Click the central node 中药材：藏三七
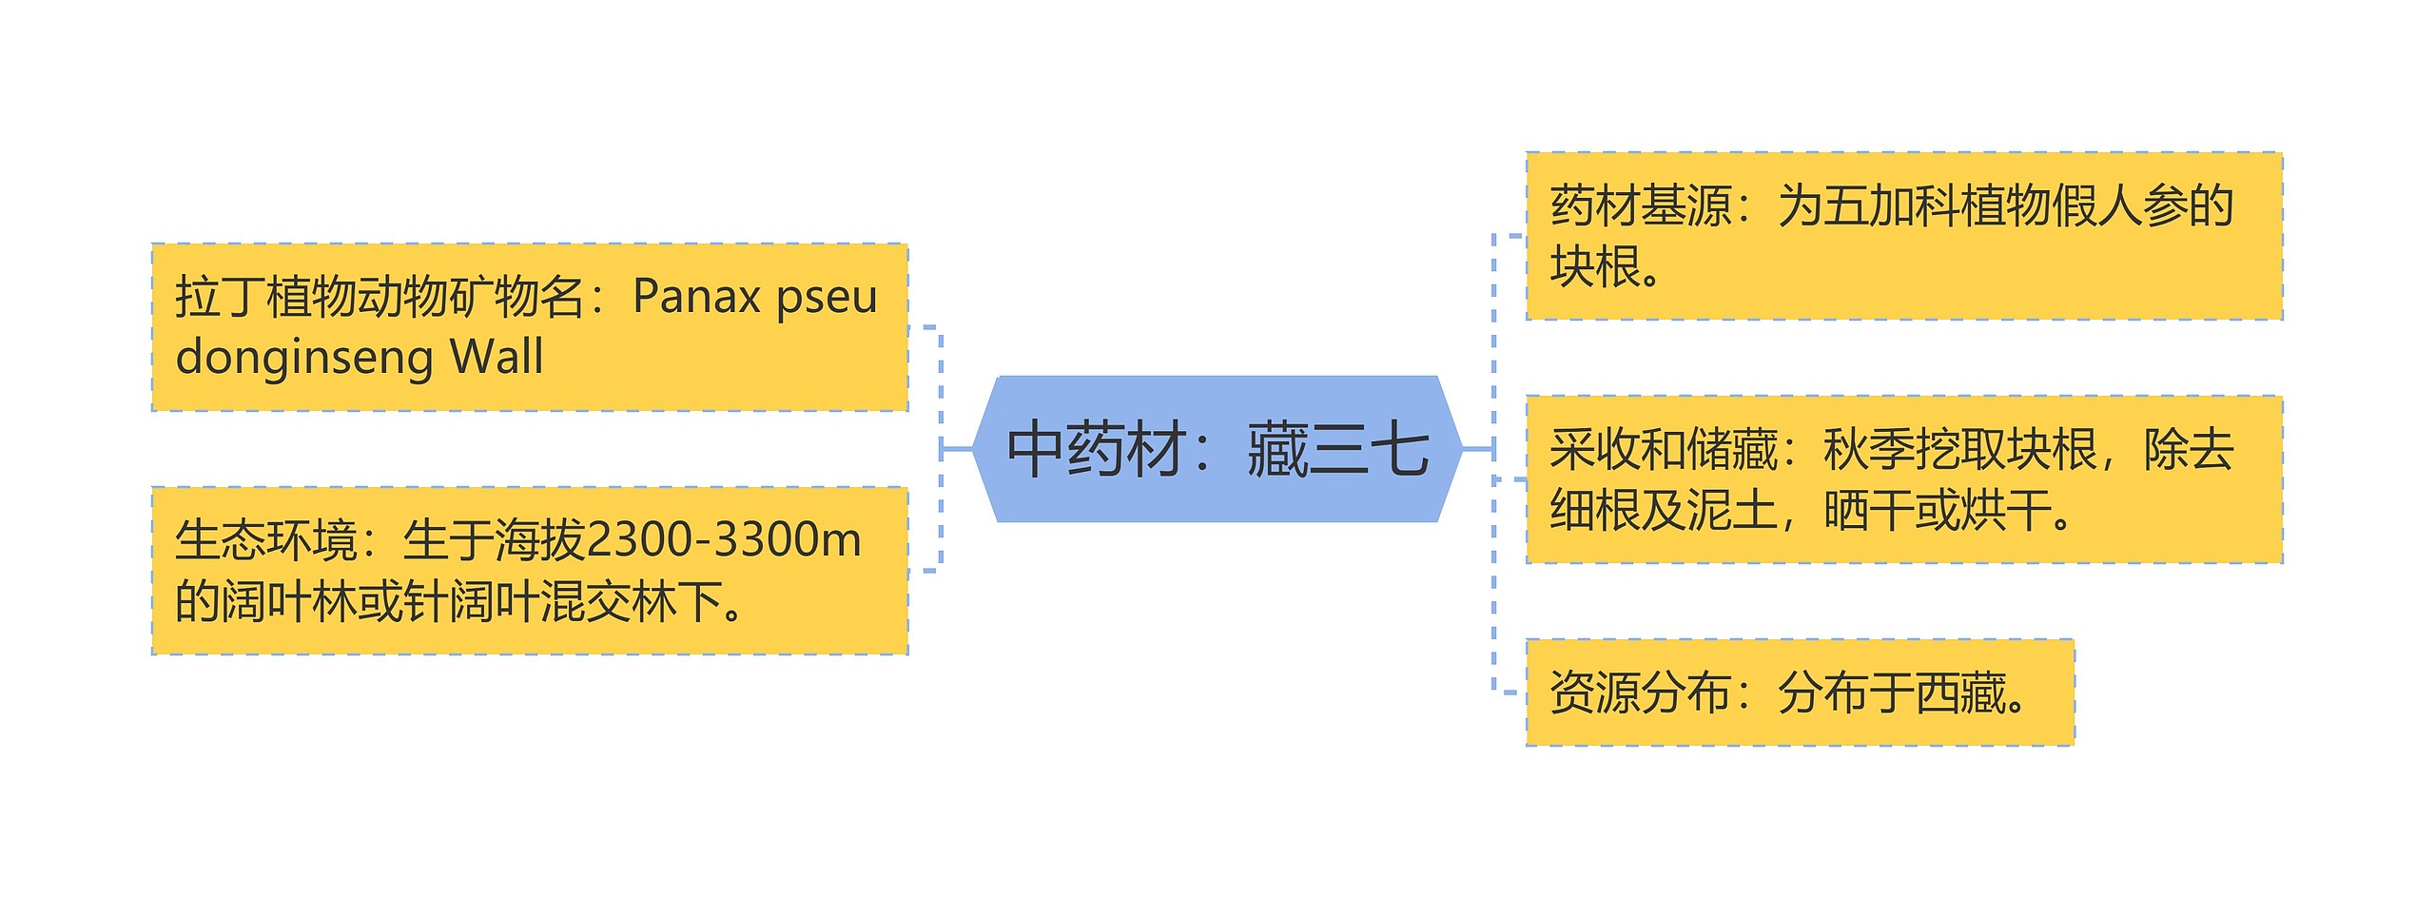[1217, 449]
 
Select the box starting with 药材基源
[1903, 236]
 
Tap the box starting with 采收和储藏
[1903, 479]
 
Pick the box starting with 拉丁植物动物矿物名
[530, 327]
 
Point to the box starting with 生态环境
[530, 571]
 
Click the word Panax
[697, 297]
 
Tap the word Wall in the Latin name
[497, 358]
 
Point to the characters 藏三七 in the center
[1337, 449]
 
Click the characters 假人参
[2096, 206]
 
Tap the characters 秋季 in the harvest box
[1868, 450]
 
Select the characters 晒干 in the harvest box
[1868, 511]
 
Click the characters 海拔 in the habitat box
[539, 540]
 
